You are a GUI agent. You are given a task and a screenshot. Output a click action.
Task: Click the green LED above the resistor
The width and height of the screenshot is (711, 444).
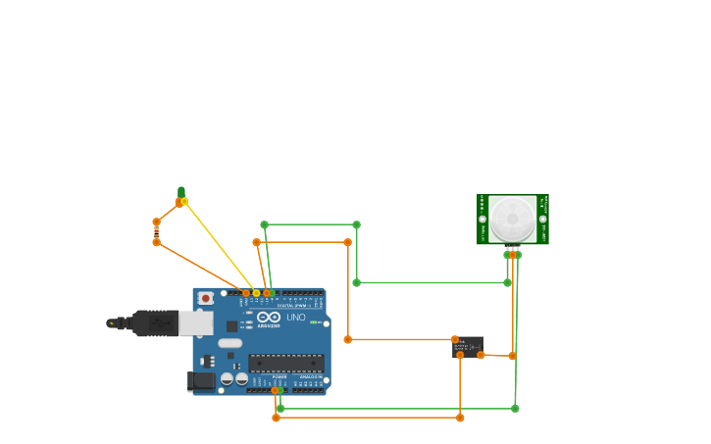click(181, 193)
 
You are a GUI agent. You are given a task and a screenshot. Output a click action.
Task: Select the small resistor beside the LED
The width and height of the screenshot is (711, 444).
click(156, 232)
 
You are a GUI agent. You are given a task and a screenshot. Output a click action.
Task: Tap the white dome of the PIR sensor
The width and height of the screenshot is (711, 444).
click(513, 218)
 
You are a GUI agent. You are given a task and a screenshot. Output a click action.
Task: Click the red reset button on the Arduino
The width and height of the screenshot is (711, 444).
click(206, 298)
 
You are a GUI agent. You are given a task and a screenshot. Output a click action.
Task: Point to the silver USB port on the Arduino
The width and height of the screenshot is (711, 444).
click(195, 323)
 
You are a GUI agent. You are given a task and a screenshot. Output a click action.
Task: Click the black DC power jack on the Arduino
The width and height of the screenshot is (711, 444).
click(202, 380)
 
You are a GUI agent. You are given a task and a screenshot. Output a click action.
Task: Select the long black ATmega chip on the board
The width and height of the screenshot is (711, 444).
click(285, 362)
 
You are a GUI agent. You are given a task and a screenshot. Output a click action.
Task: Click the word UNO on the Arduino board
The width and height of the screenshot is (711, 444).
click(295, 318)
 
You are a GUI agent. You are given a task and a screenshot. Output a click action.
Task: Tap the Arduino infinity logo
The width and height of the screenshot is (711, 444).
click(269, 317)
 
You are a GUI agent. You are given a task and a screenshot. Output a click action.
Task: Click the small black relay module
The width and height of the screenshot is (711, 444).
click(468, 346)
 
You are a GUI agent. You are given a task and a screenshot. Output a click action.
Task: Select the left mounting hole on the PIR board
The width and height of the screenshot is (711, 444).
click(482, 219)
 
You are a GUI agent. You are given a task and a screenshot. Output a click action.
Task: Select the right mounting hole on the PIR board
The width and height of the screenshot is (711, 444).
click(542, 219)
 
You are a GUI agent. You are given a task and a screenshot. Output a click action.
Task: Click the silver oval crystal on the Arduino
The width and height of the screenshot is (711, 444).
click(229, 343)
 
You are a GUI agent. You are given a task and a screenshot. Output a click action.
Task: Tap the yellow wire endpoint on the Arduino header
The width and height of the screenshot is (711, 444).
click(256, 293)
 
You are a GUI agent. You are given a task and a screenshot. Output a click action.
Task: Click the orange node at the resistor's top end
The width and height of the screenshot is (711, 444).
click(156, 222)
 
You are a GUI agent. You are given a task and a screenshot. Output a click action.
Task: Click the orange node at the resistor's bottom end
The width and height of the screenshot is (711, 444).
click(156, 242)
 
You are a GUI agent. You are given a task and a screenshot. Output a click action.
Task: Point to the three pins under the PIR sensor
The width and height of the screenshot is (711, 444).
click(512, 253)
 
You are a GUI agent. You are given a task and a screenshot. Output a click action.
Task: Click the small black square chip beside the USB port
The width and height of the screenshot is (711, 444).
click(231, 326)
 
